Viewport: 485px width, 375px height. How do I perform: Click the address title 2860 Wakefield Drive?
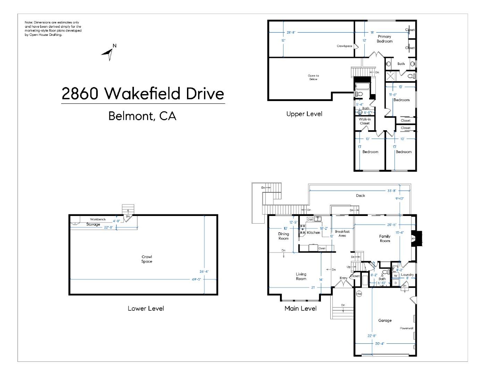[x=143, y=94]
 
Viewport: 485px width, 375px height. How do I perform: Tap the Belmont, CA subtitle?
[x=142, y=116]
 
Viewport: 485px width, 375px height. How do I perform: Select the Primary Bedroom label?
[x=384, y=39]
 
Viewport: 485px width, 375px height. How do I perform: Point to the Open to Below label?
[x=313, y=77]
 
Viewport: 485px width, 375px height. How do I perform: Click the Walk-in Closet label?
[x=365, y=121]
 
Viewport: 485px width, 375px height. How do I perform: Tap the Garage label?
[x=385, y=320]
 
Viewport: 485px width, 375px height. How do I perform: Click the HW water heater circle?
[x=359, y=294]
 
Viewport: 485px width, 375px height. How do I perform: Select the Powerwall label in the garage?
[x=406, y=328]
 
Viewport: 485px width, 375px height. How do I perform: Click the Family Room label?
[x=385, y=239]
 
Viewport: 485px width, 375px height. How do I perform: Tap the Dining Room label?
[x=283, y=236]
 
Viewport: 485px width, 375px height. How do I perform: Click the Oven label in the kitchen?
[x=322, y=248]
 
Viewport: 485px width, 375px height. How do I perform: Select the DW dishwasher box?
[x=310, y=219]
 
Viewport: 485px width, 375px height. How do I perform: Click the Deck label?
[x=360, y=195]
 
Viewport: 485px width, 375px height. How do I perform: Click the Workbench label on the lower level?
[x=97, y=219]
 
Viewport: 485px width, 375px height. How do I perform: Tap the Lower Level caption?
[x=146, y=308]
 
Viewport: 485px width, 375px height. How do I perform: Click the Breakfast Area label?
[x=342, y=233]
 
